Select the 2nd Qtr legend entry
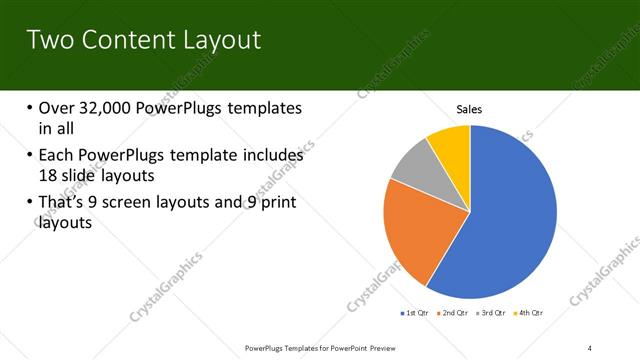coord(456,313)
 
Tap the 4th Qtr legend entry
coord(528,313)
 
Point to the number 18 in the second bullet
coord(50,176)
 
